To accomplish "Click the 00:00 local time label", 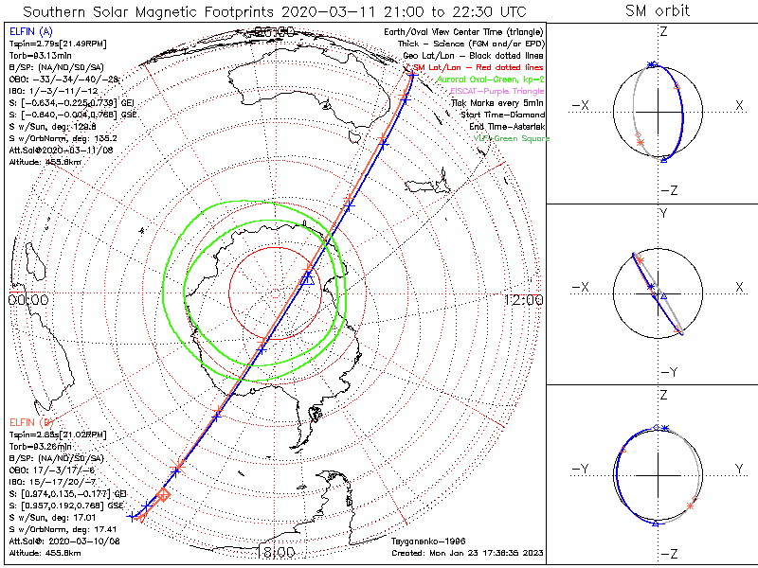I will click(28, 299).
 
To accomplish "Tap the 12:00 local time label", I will click(523, 299).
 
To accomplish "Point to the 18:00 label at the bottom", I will click(276, 552).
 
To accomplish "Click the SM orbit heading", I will click(657, 11).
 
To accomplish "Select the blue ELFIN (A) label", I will click(31, 32).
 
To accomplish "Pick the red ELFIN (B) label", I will click(31, 420).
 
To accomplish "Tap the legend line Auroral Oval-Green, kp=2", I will click(471, 80).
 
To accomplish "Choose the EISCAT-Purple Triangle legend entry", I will click(478, 91).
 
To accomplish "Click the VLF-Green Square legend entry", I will click(510, 138).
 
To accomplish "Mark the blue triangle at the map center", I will click(307, 278).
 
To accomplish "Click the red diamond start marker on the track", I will click(163, 495).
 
